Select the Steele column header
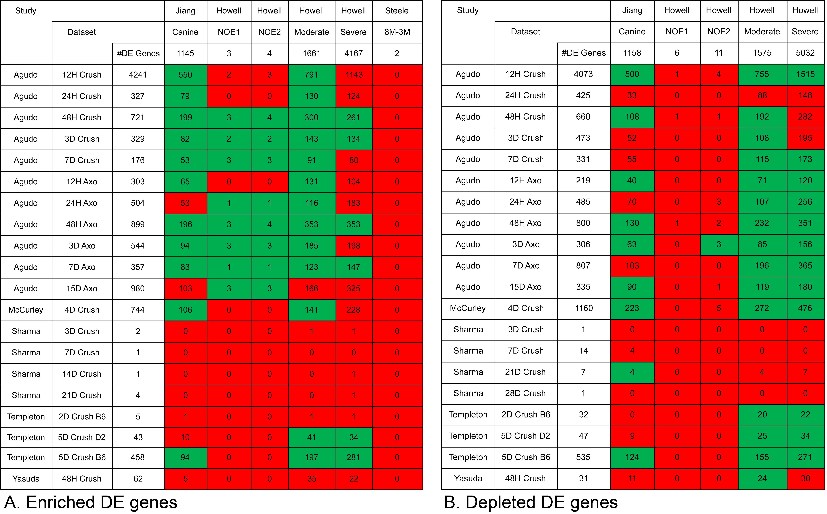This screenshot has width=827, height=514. tap(397, 11)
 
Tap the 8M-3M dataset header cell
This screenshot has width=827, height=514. tap(397, 32)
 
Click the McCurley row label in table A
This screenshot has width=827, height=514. tap(26, 310)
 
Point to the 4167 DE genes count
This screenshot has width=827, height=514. tap(354, 53)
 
